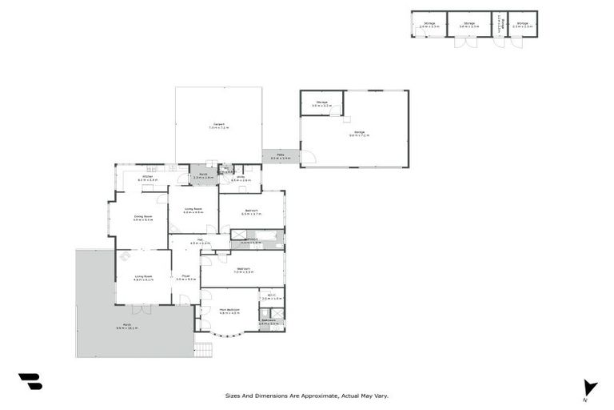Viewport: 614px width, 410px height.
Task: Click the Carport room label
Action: (x=218, y=125)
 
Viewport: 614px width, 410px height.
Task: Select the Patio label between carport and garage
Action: (x=281, y=155)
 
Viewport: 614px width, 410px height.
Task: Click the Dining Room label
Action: (x=143, y=216)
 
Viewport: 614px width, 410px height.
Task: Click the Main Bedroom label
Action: (x=229, y=310)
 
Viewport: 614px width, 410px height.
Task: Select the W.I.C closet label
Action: (x=271, y=295)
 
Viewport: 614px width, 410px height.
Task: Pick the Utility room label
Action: (x=241, y=178)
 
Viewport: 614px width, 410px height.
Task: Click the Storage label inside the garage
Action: (x=321, y=103)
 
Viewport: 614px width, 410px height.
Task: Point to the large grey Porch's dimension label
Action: (x=127, y=328)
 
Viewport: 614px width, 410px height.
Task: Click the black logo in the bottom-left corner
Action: (x=30, y=382)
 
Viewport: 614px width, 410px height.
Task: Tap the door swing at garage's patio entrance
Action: (x=309, y=156)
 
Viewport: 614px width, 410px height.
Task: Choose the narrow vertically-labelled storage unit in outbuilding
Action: (x=499, y=24)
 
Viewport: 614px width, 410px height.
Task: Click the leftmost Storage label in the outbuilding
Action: (x=429, y=24)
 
